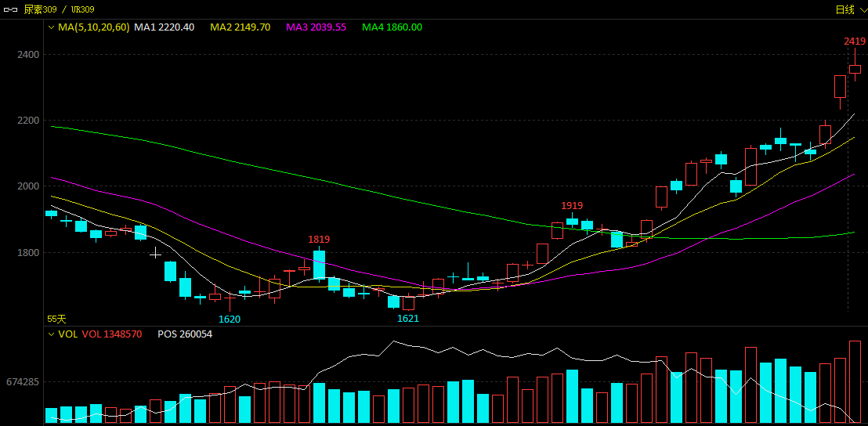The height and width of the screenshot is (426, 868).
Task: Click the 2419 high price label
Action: [x=855, y=42]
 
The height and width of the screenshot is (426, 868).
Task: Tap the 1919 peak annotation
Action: [x=572, y=206]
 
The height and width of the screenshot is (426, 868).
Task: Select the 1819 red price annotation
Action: [x=319, y=240]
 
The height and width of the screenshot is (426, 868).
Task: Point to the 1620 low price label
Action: [x=230, y=319]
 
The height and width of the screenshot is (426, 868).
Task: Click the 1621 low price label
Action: [x=408, y=319]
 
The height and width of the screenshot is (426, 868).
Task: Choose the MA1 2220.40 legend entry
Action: [x=165, y=27]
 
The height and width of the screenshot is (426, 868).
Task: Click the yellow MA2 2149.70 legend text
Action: [x=241, y=27]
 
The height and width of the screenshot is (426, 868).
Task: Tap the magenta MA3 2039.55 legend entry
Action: [x=316, y=27]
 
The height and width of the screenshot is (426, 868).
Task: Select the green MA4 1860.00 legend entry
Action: [x=392, y=27]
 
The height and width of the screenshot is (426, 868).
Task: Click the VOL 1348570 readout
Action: [x=112, y=334]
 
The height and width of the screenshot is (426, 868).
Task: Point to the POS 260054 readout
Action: [x=185, y=334]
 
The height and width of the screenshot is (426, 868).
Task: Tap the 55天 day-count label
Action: [x=56, y=319]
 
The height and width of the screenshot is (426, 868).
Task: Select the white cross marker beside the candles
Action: [x=156, y=254]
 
